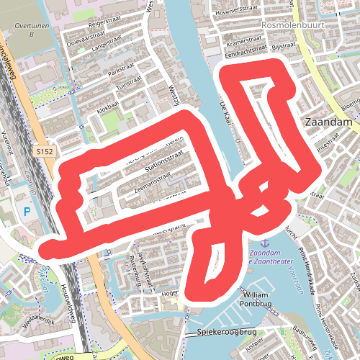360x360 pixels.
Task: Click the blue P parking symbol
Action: click(27, 211)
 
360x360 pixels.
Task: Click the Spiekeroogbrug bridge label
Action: click(227, 332)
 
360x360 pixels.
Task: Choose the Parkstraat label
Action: click(122, 72)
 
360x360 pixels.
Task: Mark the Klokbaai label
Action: click(108, 105)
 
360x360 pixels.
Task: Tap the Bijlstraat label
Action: click(285, 45)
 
